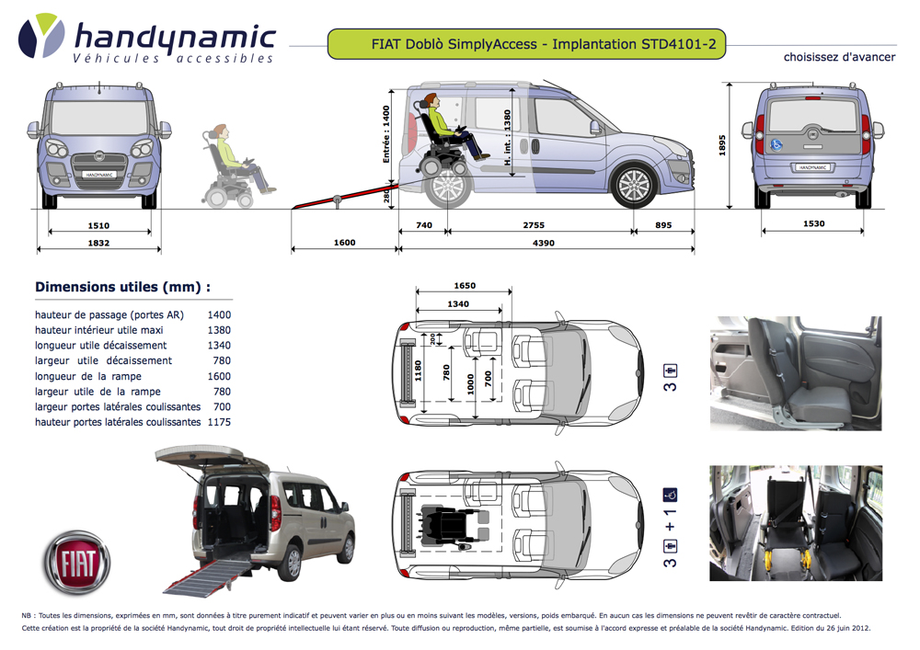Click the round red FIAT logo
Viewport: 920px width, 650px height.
click(76, 559)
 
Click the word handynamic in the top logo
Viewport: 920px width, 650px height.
click(174, 38)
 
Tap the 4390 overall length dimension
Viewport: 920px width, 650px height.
click(546, 243)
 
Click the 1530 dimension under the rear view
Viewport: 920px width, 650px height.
click(813, 224)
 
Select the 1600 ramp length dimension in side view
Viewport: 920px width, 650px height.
click(344, 243)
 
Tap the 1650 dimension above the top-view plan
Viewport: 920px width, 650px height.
click(465, 287)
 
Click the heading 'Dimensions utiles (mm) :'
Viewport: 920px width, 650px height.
click(122, 287)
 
